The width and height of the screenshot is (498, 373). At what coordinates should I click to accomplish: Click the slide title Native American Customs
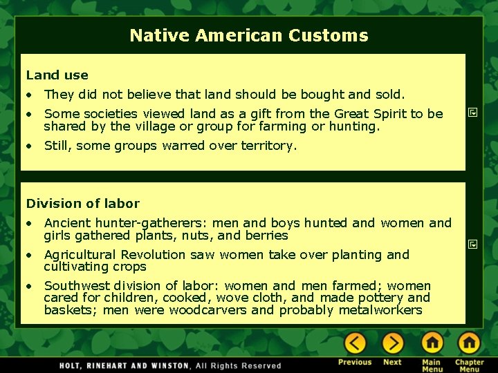(249, 35)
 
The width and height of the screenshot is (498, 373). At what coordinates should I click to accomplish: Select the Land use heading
(57, 75)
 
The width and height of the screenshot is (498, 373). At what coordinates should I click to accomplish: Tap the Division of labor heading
(82, 203)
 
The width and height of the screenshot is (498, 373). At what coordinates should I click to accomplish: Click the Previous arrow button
(355, 343)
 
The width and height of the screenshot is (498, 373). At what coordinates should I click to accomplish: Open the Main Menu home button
(432, 343)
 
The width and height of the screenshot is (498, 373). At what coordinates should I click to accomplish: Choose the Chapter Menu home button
(469, 343)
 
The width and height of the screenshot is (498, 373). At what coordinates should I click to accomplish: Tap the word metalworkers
(380, 310)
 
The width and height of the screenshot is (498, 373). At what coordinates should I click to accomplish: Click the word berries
(266, 236)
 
